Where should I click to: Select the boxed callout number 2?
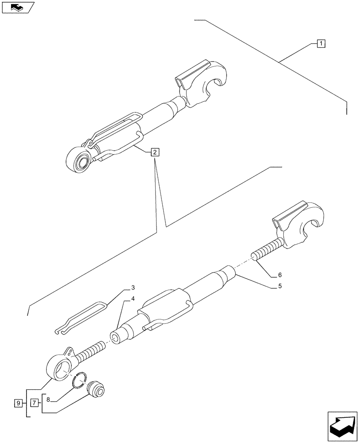(154, 152)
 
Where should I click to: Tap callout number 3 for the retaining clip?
(132, 288)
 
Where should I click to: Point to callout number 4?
(132, 300)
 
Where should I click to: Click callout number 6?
(279, 275)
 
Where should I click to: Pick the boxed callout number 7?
(34, 403)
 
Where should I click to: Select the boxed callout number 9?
(18, 403)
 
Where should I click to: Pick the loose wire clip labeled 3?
(84, 316)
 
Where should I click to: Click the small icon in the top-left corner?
(18, 7)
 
